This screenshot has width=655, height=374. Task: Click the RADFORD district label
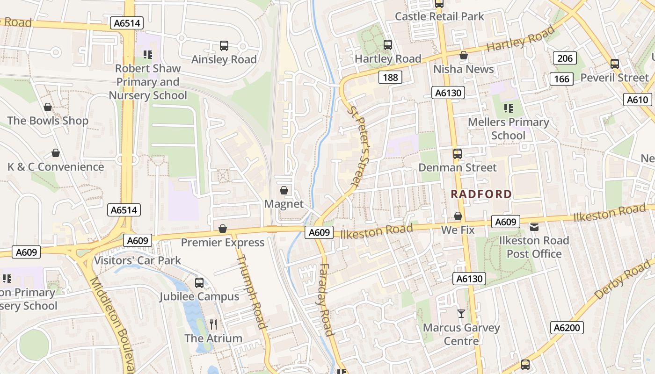point(481,194)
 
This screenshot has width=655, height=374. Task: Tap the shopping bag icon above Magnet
point(284,190)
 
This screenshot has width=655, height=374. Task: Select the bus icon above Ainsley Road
point(224,46)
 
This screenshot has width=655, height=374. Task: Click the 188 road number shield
point(390,77)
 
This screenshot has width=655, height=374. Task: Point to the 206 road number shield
point(565,58)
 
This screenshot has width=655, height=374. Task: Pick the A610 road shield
point(637,100)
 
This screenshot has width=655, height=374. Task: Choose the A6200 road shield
point(567,328)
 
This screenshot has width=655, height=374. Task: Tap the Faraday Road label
point(326,300)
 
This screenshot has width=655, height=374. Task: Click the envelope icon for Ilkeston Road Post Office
point(534,227)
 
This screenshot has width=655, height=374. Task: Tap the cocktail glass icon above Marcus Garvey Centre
point(461,314)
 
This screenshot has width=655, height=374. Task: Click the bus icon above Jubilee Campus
point(199,282)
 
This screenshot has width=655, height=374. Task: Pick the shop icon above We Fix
point(458,216)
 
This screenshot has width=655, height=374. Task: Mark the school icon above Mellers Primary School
point(509,108)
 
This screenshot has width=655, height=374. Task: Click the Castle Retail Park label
point(439,16)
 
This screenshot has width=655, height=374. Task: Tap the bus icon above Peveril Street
point(615,64)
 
